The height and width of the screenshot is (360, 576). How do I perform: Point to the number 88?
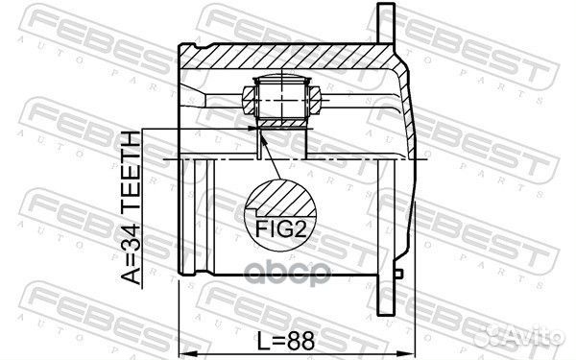click(x=300, y=339)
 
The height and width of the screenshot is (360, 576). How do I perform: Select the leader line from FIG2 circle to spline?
click(x=271, y=158)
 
